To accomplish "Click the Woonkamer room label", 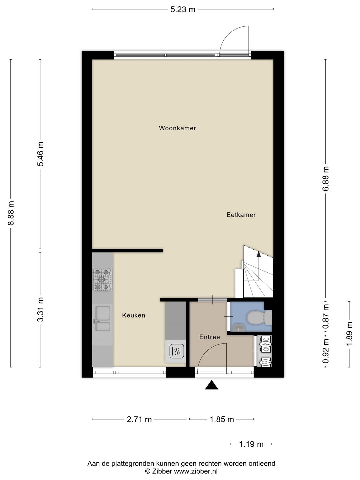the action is pos(177,128).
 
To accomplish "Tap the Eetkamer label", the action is pos(241,215).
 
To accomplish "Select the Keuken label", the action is pos(134,315).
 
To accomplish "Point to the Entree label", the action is pos(209,337).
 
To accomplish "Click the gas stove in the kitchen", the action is pos(103,279).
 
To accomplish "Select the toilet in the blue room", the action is pos(259,318).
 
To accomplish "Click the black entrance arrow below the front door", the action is pos(211,385).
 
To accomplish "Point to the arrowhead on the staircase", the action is pos(259,254).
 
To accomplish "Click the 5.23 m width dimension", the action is pos(183,9).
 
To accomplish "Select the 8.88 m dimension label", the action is pos(11,213).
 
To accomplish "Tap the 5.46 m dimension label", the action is pos(40,154).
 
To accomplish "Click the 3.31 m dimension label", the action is pos(40,309).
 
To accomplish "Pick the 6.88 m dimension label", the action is pos(326,179).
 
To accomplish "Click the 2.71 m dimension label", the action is pos(139,419).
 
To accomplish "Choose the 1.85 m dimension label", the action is pos(222,419).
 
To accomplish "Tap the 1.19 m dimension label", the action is pos(251,444).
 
